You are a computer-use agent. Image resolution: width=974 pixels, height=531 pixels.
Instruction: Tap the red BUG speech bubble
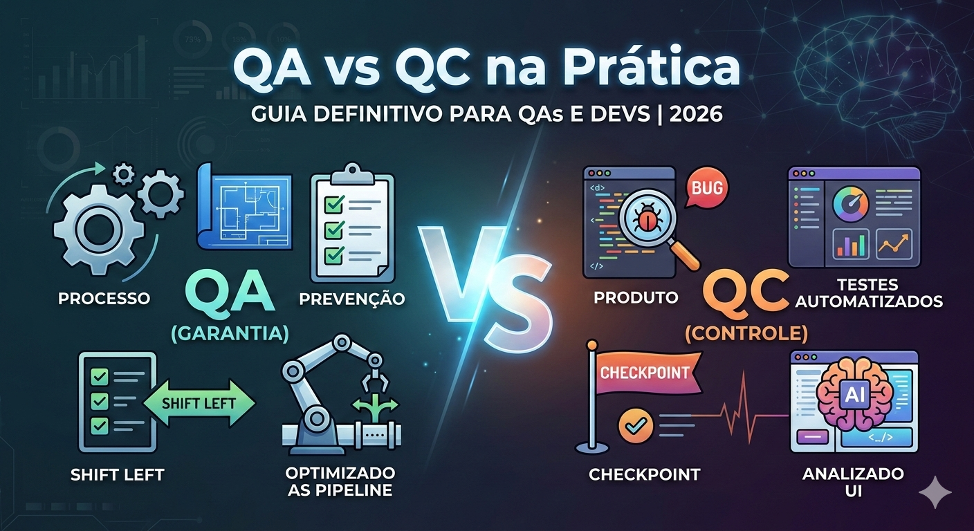tap(706, 187)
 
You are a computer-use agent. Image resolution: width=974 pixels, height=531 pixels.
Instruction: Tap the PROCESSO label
tap(104, 299)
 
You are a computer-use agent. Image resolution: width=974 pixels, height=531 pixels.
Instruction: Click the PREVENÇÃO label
tap(352, 299)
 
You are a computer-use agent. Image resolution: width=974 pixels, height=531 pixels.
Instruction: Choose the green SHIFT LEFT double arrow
tap(199, 402)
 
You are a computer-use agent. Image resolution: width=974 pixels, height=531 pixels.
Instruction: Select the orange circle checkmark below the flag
tap(631, 424)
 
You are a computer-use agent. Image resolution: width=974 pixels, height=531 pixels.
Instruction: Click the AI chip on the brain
tap(850, 393)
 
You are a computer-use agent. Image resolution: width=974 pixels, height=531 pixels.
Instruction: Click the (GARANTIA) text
tap(230, 334)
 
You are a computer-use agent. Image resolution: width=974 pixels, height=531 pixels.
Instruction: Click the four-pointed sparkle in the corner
tap(935, 492)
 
